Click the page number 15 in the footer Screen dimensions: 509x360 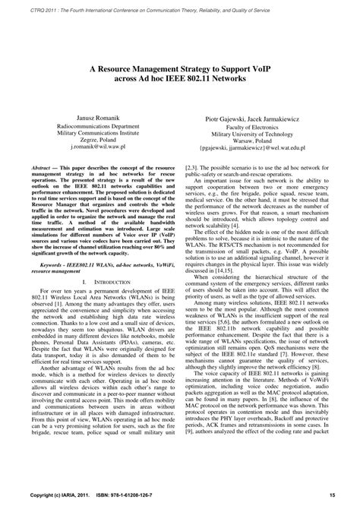[333, 498]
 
